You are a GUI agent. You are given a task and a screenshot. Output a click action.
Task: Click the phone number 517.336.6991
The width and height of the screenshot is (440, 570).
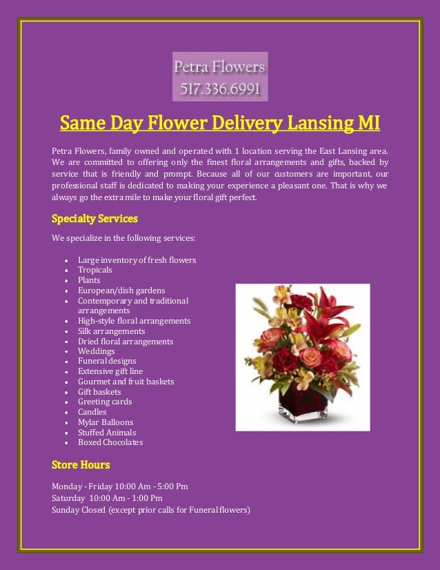[220, 88]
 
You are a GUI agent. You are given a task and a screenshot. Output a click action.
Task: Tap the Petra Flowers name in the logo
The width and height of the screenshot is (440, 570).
[220, 68]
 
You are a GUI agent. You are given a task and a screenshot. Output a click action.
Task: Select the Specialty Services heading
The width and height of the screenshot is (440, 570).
[94, 219]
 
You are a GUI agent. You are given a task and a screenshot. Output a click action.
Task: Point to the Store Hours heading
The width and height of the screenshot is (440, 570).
[81, 464]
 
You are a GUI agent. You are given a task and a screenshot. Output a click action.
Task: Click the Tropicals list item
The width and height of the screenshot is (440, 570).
[94, 270]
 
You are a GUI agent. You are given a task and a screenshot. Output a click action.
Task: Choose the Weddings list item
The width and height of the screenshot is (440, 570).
[96, 351]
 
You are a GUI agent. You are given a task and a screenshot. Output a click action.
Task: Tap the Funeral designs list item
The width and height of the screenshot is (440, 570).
[107, 361]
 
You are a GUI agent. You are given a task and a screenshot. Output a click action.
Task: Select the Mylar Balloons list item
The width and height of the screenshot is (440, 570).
[106, 422]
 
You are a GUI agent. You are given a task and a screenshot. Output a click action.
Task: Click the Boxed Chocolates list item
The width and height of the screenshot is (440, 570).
[110, 442]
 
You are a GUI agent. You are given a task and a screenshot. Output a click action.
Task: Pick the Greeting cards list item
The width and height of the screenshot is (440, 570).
[104, 402]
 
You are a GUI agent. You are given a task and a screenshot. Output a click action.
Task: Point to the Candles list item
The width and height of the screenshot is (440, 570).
[92, 412]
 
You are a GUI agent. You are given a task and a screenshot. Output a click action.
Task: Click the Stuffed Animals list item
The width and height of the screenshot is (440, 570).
[107, 433]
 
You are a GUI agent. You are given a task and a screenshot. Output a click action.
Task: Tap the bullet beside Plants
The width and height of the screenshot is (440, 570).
[65, 281]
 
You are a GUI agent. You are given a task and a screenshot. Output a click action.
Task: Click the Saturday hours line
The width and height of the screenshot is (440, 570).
[107, 498]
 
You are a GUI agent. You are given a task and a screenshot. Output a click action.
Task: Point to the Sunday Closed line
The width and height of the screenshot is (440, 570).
[150, 511]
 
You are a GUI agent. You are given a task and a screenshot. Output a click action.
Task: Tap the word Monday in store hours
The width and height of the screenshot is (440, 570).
[67, 487]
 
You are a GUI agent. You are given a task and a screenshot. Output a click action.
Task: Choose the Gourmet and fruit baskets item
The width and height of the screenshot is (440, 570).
[126, 382]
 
